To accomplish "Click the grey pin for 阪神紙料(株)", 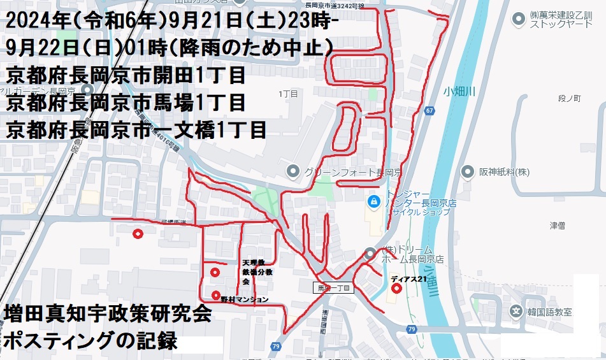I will [x=468, y=171].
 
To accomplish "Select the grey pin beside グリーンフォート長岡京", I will [x=292, y=170].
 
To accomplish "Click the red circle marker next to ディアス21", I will [x=397, y=288].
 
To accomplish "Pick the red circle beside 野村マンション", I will [x=216, y=295].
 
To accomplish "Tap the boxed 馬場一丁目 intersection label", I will [x=334, y=288].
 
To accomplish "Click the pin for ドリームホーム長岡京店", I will [x=371, y=253].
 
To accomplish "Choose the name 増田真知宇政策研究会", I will [x=107, y=313].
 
